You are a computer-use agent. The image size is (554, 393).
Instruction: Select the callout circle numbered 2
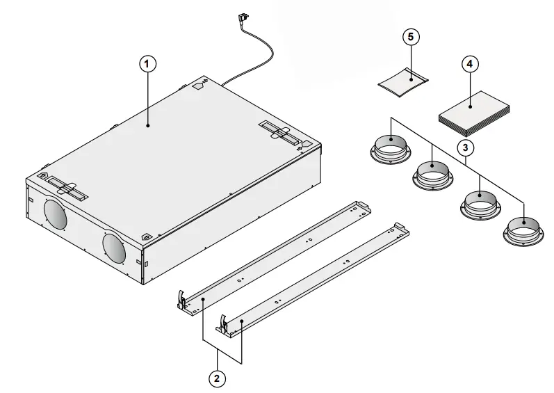(218, 378)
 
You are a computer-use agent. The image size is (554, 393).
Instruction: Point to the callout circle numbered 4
(470, 63)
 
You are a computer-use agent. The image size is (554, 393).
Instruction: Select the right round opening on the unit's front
(113, 245)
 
